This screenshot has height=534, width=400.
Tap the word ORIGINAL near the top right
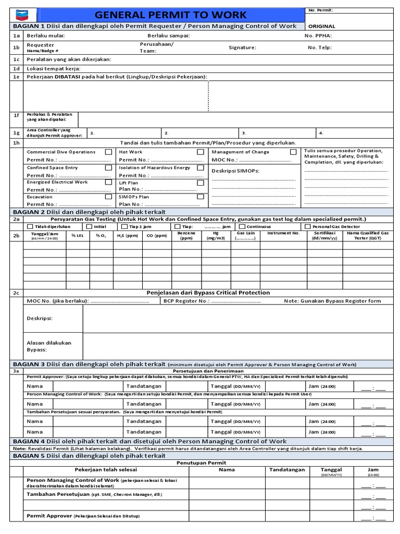[x=322, y=26]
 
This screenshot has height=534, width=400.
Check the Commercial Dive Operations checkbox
[x=108, y=152]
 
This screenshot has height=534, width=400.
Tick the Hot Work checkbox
[x=200, y=152]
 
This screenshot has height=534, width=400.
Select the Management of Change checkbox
[x=293, y=152]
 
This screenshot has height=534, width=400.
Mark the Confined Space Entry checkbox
[x=108, y=168]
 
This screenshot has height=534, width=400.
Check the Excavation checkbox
[x=108, y=197]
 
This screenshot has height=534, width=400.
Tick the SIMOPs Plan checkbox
[x=200, y=197]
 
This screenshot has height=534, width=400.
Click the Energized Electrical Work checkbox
[x=108, y=183]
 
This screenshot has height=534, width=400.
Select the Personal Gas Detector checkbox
[x=308, y=227]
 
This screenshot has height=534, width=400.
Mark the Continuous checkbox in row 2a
[x=242, y=227]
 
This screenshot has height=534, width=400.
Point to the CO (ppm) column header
[x=157, y=236]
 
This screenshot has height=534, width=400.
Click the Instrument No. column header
[x=283, y=234]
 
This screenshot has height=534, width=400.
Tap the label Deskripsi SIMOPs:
[x=235, y=171]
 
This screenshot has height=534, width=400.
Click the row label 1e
[x=16, y=77]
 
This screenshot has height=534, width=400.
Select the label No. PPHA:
[x=318, y=36]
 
